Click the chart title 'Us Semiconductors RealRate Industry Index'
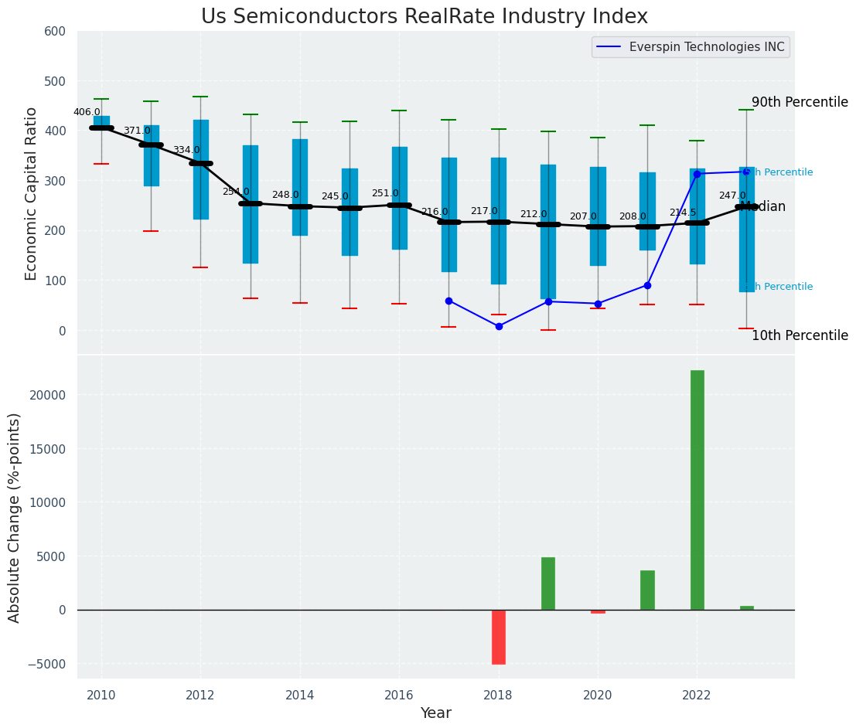pos(424,17)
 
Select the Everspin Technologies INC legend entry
pos(706,47)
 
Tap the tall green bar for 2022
pos(697,490)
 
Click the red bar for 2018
pos(499,637)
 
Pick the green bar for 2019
pos(548,583)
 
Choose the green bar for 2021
pos(647,590)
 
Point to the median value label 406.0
pos(87,112)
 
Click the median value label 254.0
pos(236,192)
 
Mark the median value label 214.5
pos(683,213)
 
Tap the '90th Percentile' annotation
pos(800,103)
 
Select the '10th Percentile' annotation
pos(800,336)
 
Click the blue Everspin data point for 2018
pos(499,326)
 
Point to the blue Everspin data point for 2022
pos(697,174)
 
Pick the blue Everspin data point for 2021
pos(647,285)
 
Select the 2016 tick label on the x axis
pos(399,695)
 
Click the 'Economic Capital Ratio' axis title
pos(32,193)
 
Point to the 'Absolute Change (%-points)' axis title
pos(15,517)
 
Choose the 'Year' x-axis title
pos(436,713)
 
